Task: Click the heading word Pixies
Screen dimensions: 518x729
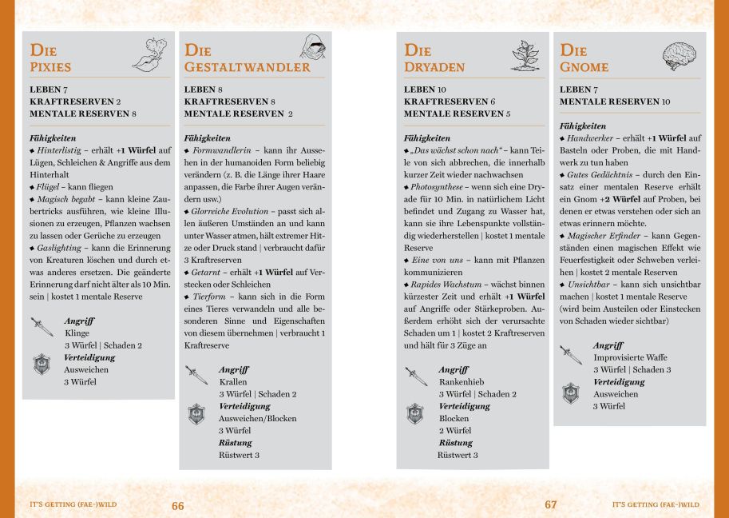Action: [50, 67]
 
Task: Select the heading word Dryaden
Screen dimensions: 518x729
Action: [434, 67]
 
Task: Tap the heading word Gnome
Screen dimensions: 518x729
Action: [584, 67]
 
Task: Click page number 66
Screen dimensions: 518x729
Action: [177, 505]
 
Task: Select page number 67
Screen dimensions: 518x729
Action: [551, 505]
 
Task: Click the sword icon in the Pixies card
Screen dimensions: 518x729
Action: [42, 326]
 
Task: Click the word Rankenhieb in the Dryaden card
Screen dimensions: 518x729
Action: [462, 382]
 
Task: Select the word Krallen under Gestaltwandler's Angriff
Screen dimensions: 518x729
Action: [233, 382]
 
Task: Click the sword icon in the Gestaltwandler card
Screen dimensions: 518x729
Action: [196, 374]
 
